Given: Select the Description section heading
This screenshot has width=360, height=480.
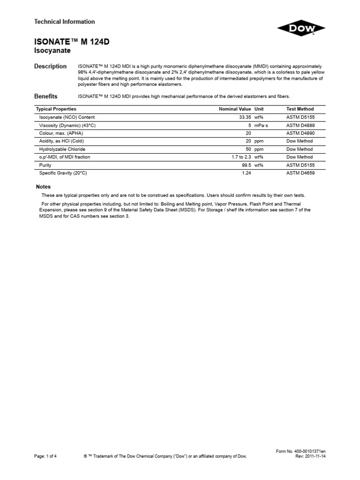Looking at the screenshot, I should pos(51,67).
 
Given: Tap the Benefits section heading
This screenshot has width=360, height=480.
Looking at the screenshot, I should pos(46,96).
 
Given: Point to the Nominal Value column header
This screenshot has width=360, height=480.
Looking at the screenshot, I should pos(235,109).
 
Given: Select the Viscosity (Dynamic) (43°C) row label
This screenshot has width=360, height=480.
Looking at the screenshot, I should pos(68,125).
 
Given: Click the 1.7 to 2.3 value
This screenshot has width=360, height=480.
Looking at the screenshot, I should pos(241,157).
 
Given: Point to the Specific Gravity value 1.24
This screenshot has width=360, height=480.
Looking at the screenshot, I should pos(247,173).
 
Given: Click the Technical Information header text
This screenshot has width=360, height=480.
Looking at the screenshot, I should pos(65,22).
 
